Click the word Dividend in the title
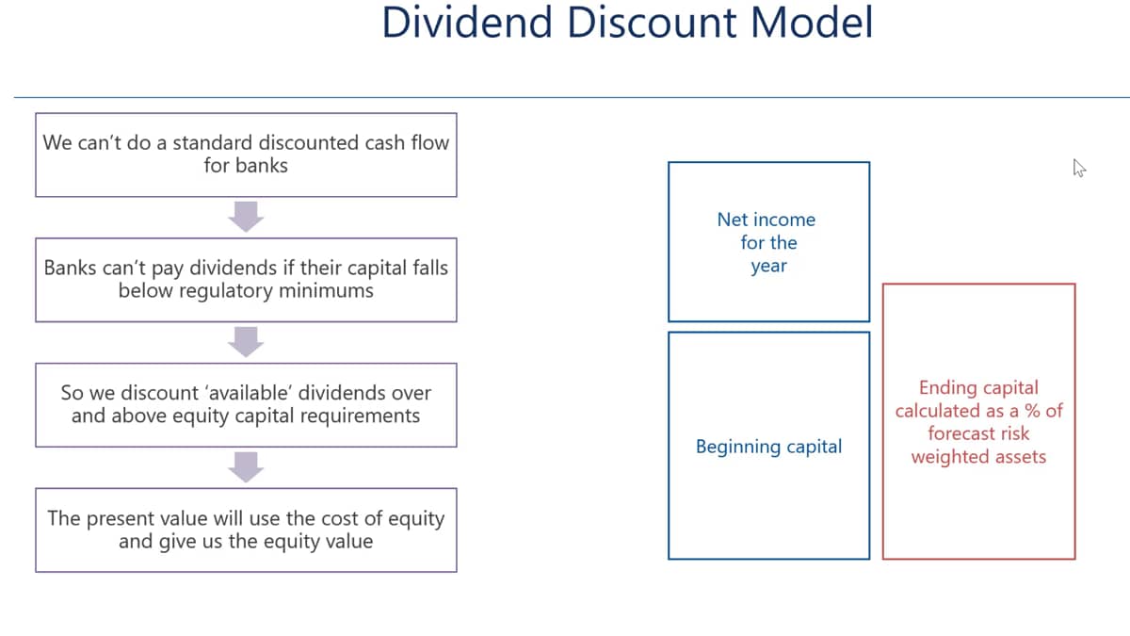[x=467, y=23]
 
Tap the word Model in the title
[x=812, y=23]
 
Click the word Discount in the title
[x=652, y=23]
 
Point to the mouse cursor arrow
[x=1079, y=168]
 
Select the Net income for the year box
[x=768, y=242]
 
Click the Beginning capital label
[x=768, y=447]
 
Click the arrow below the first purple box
[x=246, y=217]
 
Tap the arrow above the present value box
[x=246, y=467]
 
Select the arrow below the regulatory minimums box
[x=246, y=342]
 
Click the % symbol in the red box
[x=1032, y=411]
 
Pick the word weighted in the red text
[x=943, y=457]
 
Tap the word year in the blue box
[x=768, y=266]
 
